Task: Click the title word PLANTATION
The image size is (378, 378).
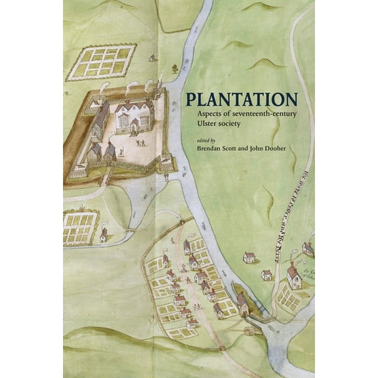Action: [x=241, y=100]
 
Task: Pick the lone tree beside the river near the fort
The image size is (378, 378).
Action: [x=175, y=68]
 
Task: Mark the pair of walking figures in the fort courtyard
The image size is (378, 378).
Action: [x=141, y=142]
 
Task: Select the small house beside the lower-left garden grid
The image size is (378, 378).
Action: [x=104, y=234]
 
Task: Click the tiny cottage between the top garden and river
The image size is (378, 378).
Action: [x=152, y=58]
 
